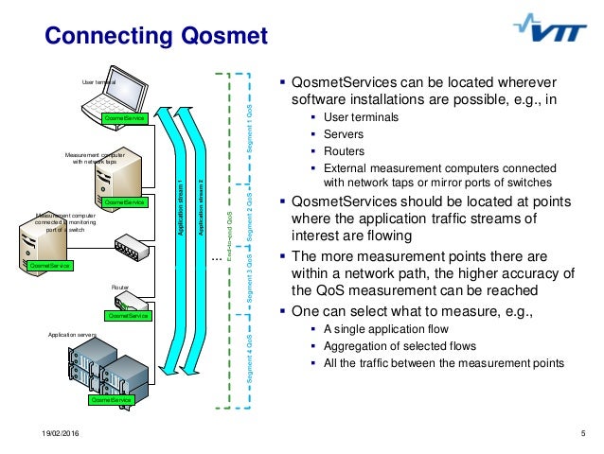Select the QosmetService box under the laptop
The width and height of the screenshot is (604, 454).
click(125, 118)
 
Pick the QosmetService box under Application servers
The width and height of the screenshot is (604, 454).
click(111, 400)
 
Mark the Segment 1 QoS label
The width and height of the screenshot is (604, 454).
click(250, 122)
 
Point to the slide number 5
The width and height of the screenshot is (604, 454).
click(582, 433)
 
